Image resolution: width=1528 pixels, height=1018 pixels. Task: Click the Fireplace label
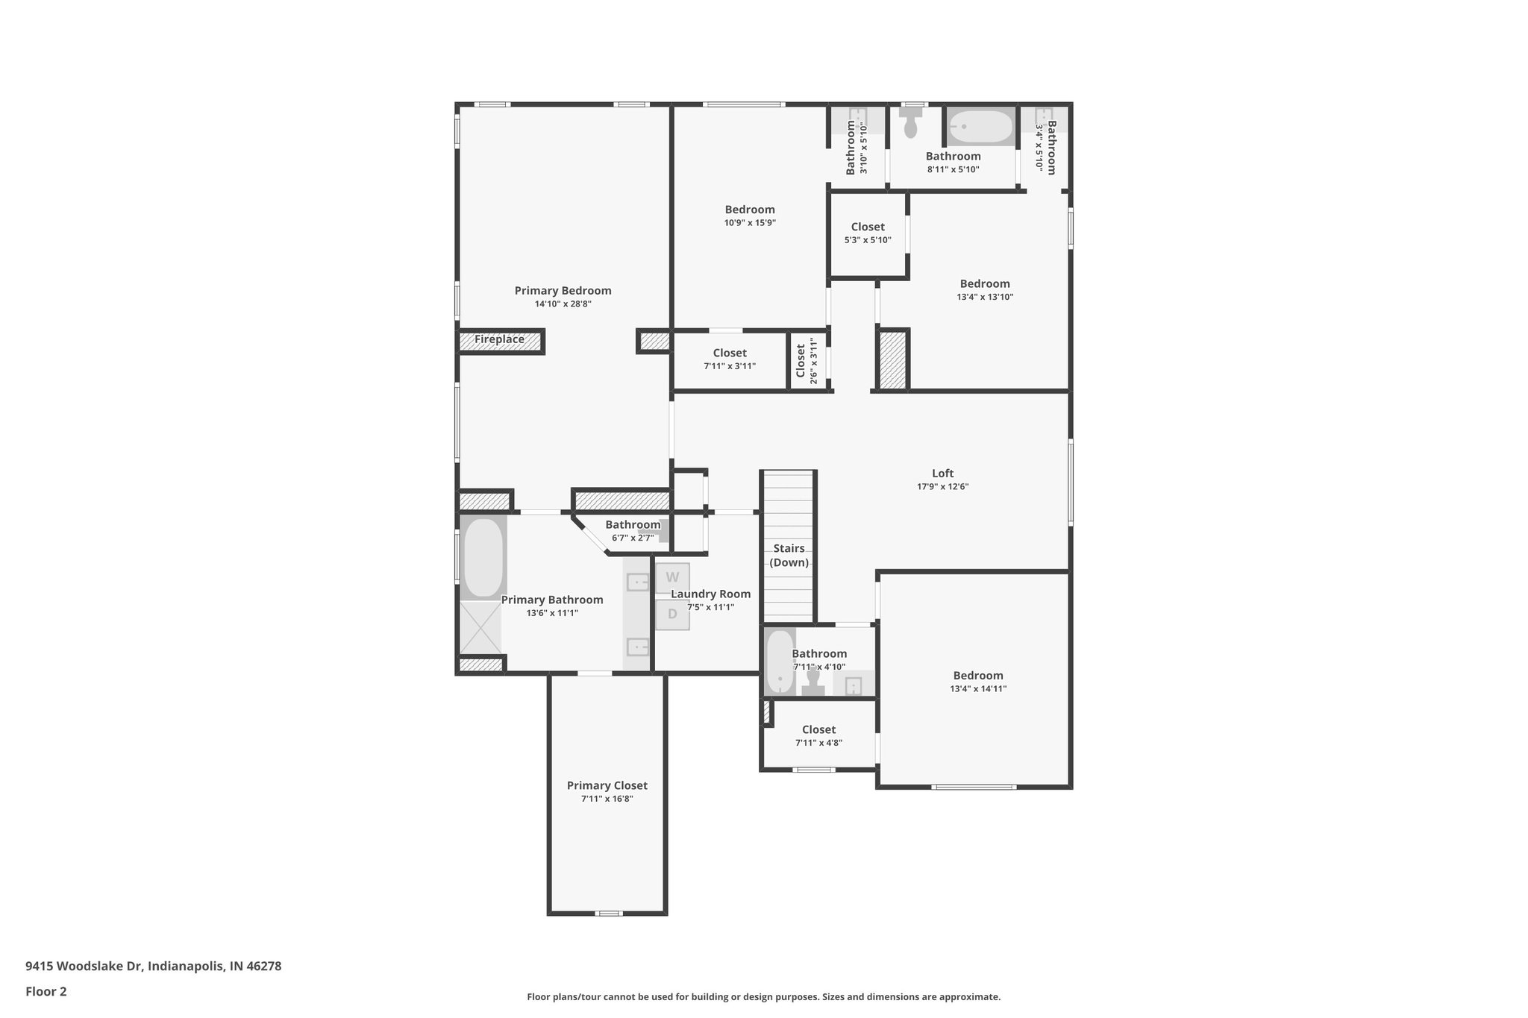499,340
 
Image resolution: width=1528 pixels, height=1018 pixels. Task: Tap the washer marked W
672,577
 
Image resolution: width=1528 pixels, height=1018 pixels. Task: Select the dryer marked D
672,615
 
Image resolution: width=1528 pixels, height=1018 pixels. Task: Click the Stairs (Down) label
789,556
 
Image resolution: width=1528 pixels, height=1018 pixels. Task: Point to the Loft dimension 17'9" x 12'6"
942,487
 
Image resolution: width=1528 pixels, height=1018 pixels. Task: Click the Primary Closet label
607,785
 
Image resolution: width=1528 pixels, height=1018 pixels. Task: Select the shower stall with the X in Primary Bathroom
480,627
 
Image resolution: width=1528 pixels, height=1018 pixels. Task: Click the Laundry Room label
710,594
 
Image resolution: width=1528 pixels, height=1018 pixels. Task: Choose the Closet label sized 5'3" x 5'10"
868,227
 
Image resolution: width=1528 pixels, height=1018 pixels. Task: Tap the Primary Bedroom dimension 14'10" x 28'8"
563,304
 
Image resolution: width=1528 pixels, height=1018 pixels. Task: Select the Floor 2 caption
46,992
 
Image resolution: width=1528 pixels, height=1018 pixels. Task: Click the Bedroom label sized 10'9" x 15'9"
750,210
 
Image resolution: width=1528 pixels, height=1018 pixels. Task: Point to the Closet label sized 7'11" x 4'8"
818,729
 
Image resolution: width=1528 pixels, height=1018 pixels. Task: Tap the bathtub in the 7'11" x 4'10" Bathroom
780,662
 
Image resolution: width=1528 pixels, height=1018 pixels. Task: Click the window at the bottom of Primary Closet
609,913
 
